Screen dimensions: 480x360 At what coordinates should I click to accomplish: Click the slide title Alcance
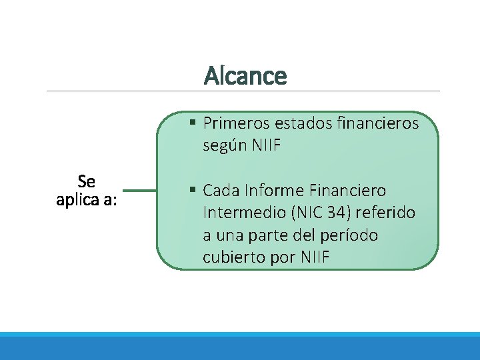tap(245, 76)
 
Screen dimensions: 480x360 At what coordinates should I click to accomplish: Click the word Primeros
tap(230, 123)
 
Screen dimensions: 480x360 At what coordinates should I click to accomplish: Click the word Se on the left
tap(87, 181)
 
